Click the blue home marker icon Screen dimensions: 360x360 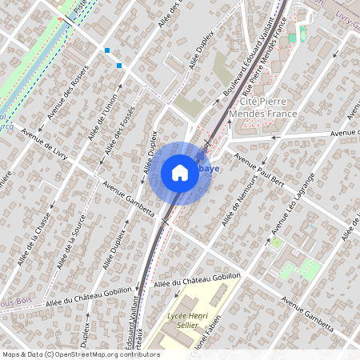[180, 173]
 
